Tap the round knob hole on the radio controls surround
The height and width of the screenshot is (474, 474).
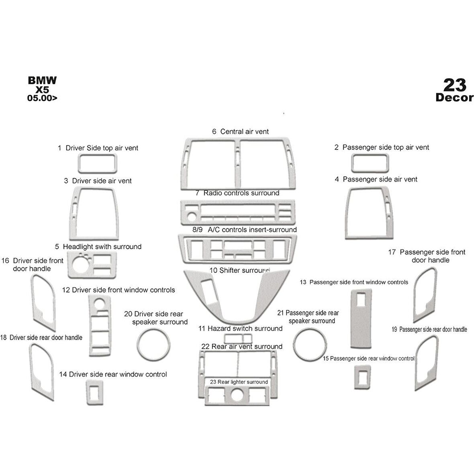pos(191,217)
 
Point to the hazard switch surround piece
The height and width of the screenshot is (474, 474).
pos(238,334)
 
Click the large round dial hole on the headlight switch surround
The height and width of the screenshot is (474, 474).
pos(81,262)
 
